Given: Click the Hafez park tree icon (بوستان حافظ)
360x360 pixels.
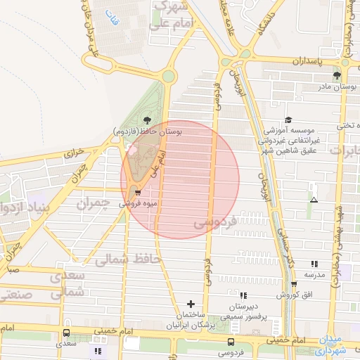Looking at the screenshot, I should coord(146,120).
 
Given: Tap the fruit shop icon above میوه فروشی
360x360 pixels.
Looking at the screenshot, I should coord(137,191).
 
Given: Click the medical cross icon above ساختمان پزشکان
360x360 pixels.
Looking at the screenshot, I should coord(191,304).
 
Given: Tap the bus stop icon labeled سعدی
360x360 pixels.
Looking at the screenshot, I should coord(66,333).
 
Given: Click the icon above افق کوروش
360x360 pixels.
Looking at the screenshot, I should coord(294,284).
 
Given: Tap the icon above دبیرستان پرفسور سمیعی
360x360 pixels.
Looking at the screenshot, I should coord(243,296).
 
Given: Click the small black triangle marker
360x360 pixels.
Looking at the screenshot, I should coord(314,200).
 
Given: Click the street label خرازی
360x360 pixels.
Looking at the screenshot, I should coord(74,152).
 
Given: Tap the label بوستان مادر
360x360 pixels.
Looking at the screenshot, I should coord(333,86).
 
